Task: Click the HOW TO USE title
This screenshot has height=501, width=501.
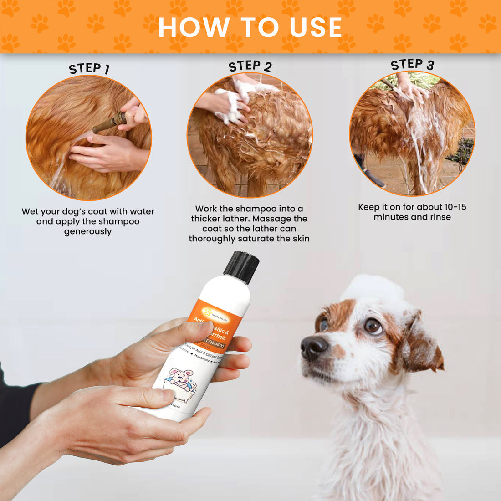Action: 250,27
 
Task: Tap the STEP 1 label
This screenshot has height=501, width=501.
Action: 89,69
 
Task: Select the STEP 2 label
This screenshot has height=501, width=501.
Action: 250,66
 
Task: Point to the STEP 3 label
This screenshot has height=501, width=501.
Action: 412,65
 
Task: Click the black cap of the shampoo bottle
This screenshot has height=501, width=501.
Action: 241,266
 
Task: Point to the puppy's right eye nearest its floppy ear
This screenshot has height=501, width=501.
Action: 373,325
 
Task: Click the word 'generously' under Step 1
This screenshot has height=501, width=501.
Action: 88,231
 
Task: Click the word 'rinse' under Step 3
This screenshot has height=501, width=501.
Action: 440,217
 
